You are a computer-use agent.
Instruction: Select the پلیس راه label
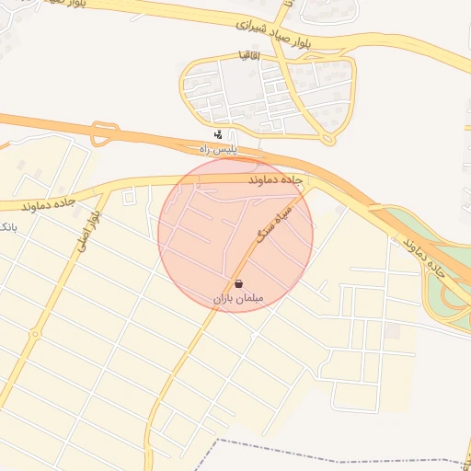[x=219, y=148]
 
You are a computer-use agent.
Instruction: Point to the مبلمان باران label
[x=238, y=299]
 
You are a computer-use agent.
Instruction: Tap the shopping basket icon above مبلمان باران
[x=239, y=284]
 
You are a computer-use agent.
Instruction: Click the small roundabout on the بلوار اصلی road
[x=35, y=334]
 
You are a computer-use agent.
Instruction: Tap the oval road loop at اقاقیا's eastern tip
[x=328, y=139]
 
